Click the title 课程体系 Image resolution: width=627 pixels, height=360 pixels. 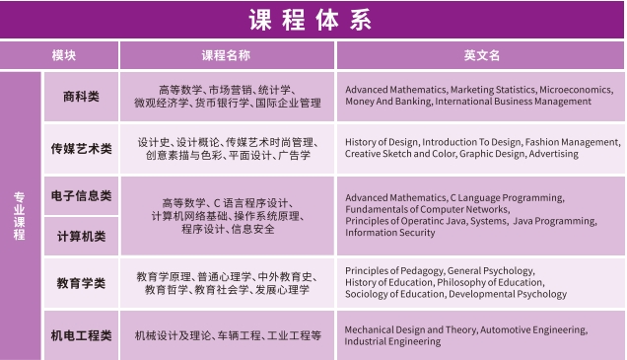pyautogui.click(x=313, y=19)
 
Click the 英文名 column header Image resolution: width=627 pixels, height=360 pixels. pyautogui.click(x=482, y=55)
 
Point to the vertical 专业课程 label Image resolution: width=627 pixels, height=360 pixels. pyautogui.click(x=19, y=215)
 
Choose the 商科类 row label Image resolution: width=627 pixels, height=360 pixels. pyautogui.click(x=81, y=96)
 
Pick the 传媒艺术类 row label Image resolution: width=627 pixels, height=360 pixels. pyautogui.click(x=81, y=149)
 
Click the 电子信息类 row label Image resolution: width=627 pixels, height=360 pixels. pyautogui.click(x=81, y=196)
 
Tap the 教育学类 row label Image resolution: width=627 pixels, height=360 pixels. pyautogui.click(x=81, y=283)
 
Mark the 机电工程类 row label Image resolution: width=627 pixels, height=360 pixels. pyautogui.click(x=81, y=335)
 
